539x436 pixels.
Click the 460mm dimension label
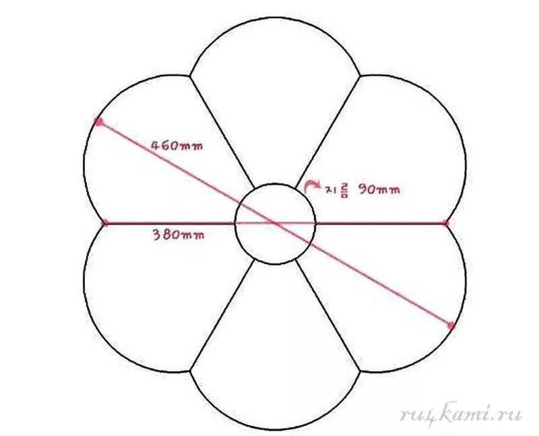177,146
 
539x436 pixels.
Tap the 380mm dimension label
179,235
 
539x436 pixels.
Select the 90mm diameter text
379,189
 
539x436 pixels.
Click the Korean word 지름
338,190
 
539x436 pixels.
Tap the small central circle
275,184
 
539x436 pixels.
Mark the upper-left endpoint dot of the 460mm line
99,122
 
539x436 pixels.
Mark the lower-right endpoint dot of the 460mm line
451,325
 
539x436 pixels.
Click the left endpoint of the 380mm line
105,224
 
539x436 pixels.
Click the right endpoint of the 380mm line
445,224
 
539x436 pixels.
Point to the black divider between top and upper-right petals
328,131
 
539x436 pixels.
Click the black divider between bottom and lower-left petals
222,315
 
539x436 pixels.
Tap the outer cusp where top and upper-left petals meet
190,75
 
